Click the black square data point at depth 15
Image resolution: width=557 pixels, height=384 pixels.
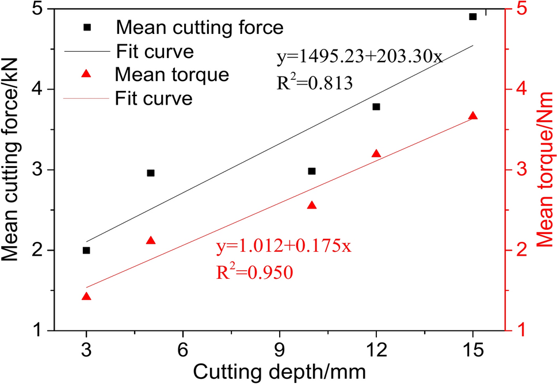click(x=472, y=17)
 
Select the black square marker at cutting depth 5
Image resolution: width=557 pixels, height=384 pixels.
click(x=151, y=172)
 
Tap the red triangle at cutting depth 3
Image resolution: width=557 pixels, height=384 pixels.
click(x=86, y=297)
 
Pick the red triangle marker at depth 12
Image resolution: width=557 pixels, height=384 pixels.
click(x=376, y=153)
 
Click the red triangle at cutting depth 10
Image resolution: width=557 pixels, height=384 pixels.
click(x=312, y=205)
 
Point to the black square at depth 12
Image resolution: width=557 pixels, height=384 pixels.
click(x=376, y=106)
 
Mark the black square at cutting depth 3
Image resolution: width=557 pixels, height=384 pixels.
click(x=86, y=250)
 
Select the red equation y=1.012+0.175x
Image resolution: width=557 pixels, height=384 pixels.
click(x=284, y=247)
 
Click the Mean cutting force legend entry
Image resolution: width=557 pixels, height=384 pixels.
click(x=199, y=26)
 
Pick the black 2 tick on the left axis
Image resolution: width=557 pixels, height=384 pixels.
click(x=39, y=251)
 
